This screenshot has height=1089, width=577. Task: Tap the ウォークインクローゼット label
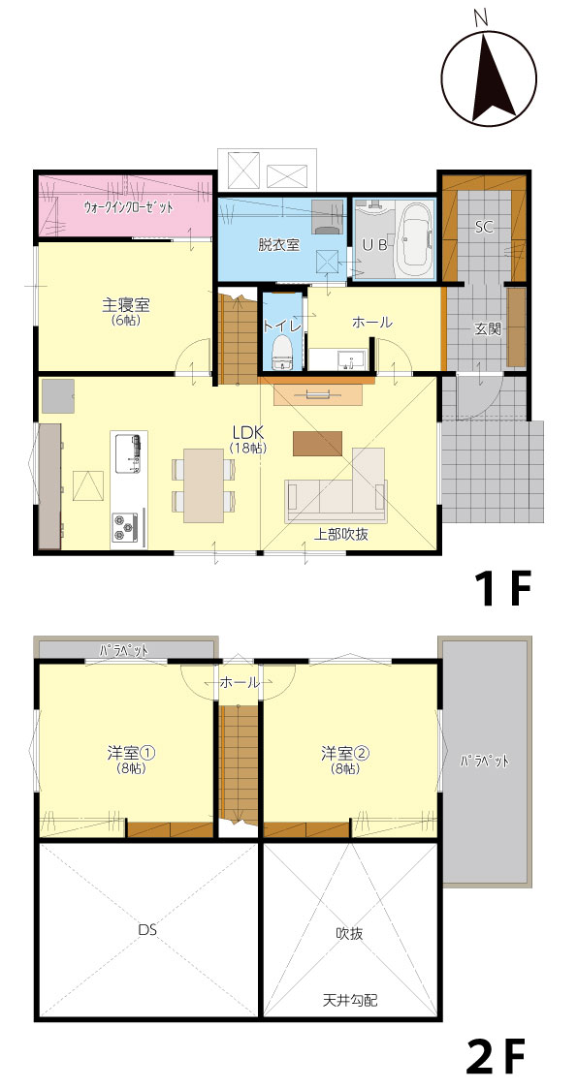click(x=129, y=206)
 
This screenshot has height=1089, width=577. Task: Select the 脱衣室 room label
click(x=278, y=244)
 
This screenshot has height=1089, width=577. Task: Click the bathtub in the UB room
click(x=414, y=239)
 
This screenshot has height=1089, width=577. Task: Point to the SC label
click(x=485, y=227)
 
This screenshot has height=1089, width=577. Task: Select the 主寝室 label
click(x=126, y=304)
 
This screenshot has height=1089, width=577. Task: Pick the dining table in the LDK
click(x=203, y=485)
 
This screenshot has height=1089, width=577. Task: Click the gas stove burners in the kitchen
click(x=126, y=526)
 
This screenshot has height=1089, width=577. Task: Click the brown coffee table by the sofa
click(x=317, y=443)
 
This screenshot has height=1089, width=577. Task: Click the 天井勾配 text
click(x=350, y=1001)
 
